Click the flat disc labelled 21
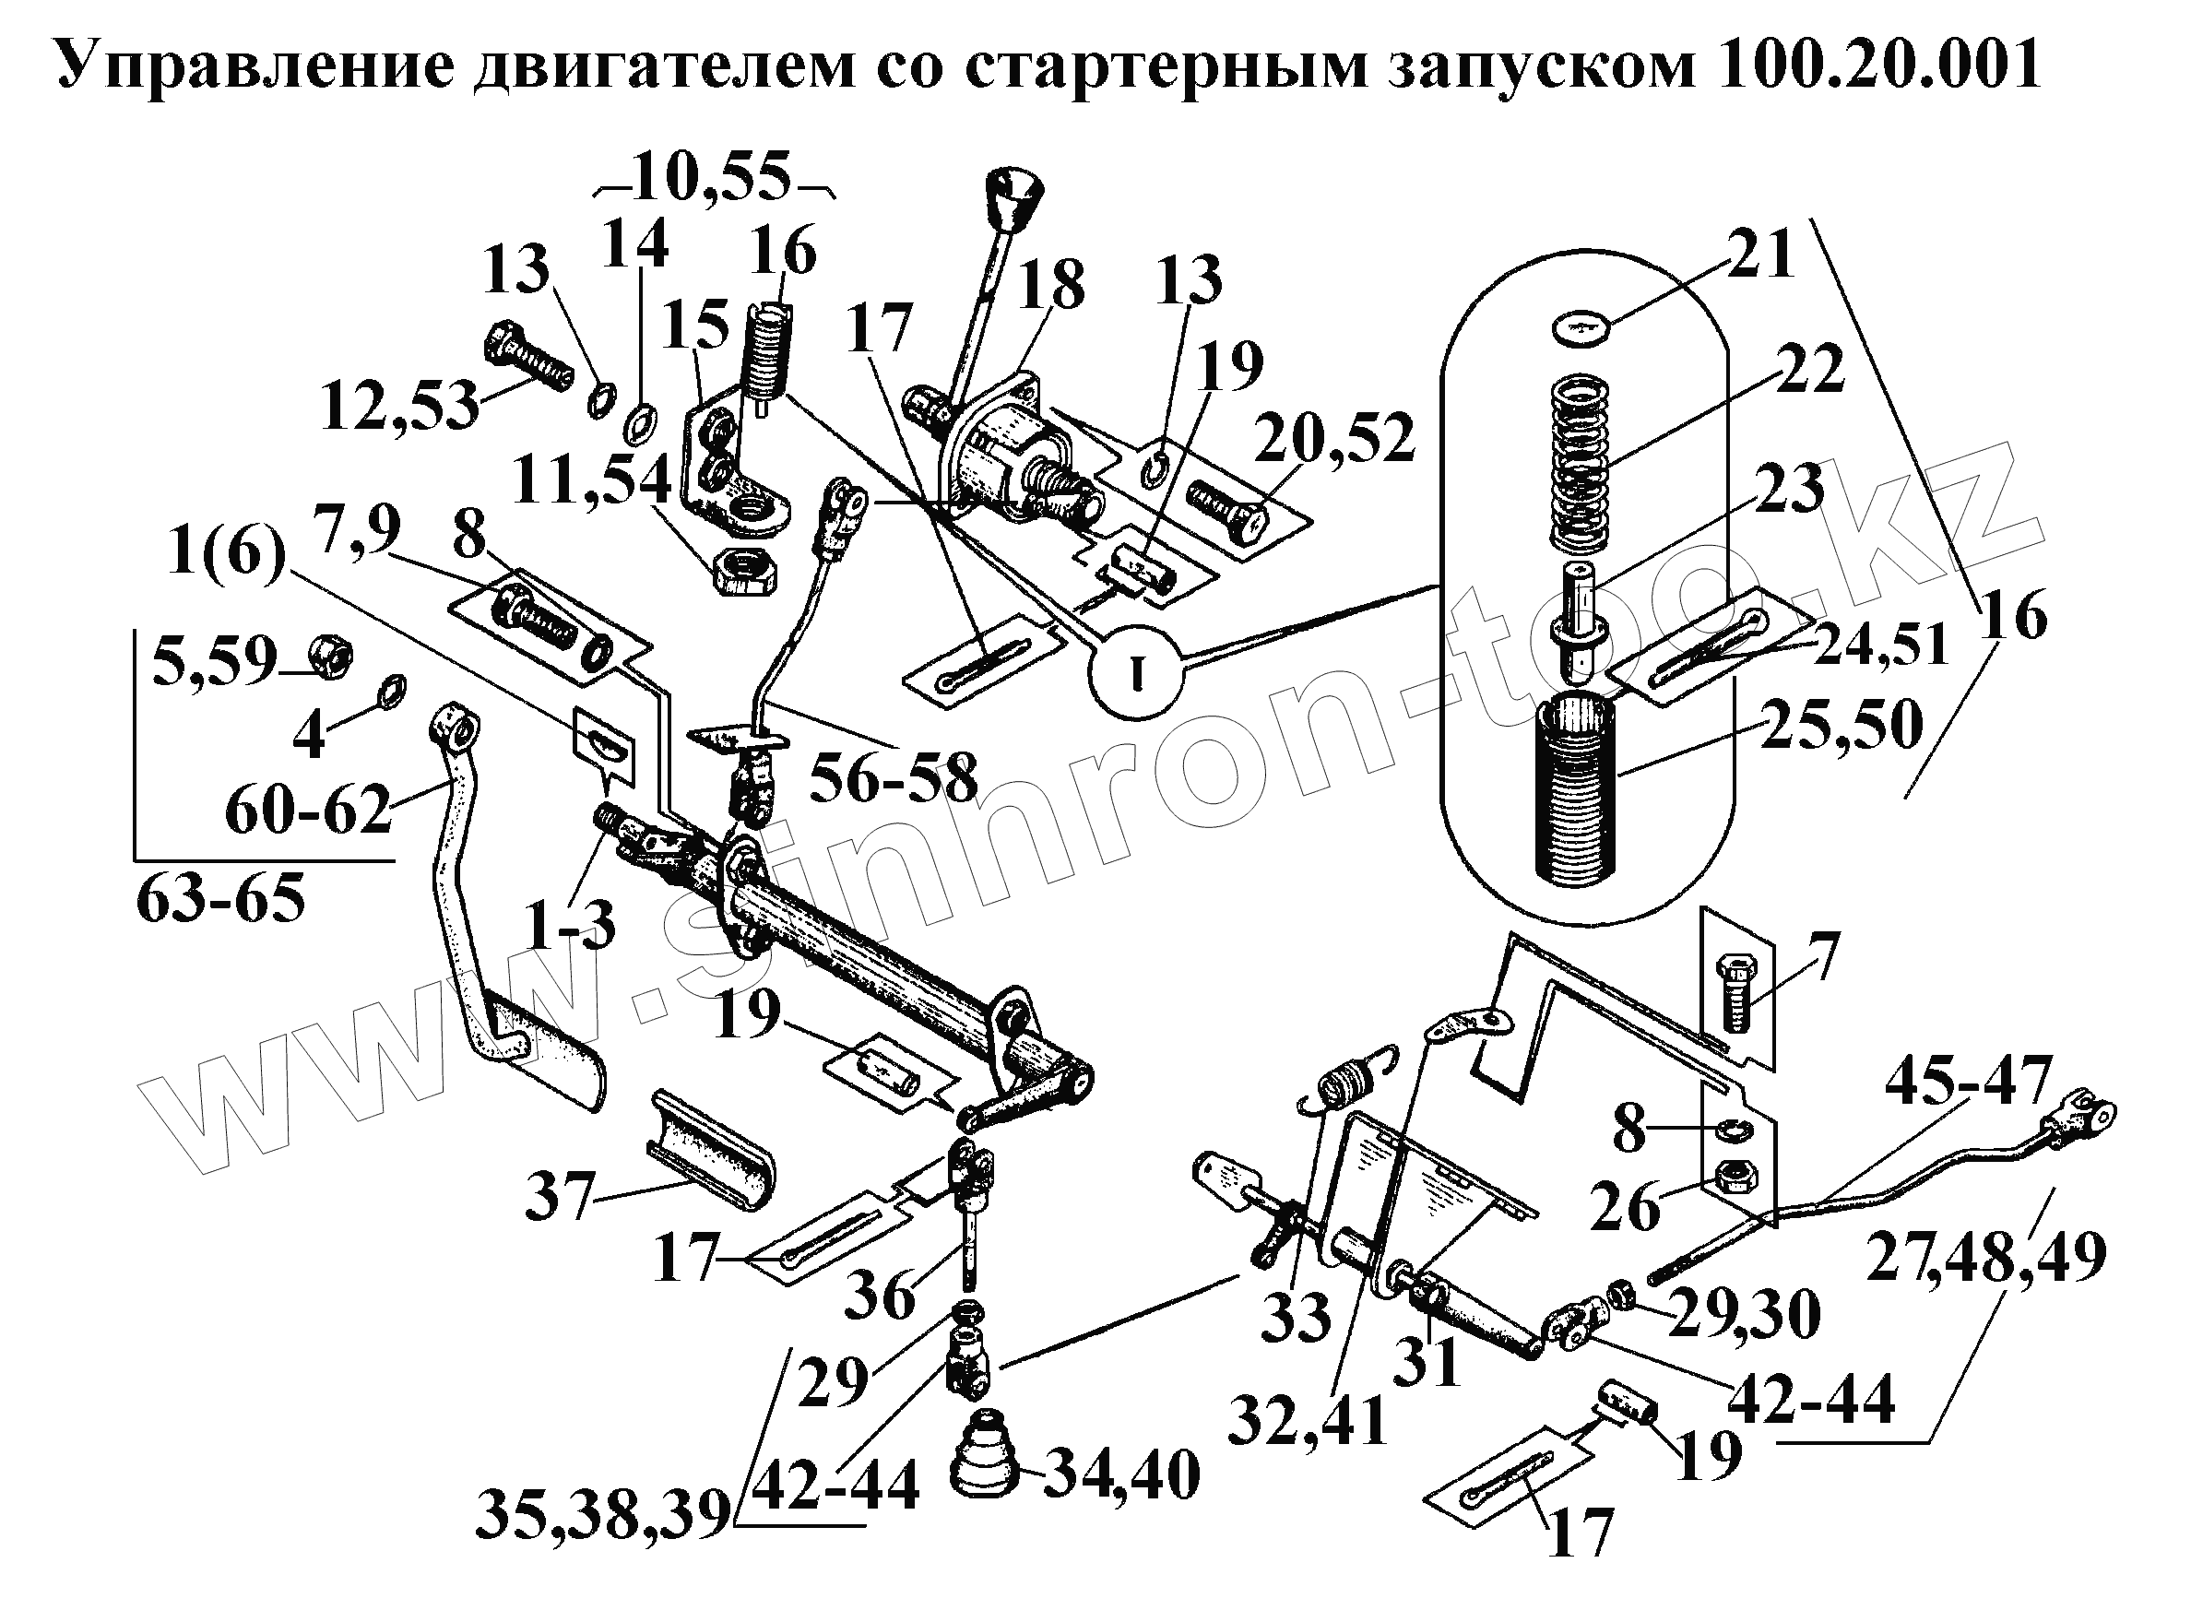tap(1581, 328)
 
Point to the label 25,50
tap(1842, 724)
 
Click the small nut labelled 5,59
tap(332, 661)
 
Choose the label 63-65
tap(221, 900)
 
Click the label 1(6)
tap(226, 556)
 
